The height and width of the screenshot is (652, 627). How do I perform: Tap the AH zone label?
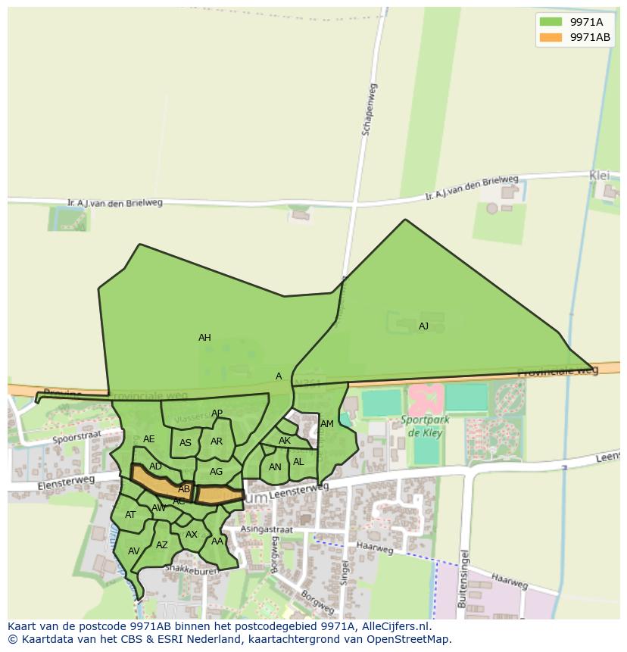(x=204, y=338)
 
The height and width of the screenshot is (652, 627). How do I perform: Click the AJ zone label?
(x=423, y=326)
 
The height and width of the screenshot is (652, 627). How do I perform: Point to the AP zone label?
(x=217, y=413)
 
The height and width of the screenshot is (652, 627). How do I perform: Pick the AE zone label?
(x=149, y=439)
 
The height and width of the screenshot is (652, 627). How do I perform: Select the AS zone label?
(x=186, y=444)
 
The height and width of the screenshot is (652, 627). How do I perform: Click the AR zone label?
(x=217, y=441)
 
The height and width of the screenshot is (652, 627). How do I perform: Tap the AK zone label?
(x=285, y=441)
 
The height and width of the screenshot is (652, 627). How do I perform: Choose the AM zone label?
(x=327, y=424)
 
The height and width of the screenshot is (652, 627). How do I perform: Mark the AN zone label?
(x=275, y=467)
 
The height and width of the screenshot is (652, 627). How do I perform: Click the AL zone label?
(x=298, y=462)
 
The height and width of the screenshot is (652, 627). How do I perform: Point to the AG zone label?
(x=217, y=472)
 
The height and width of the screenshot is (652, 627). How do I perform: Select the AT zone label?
(x=130, y=515)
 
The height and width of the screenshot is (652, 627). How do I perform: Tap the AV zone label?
(x=134, y=551)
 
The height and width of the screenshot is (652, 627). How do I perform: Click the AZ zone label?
(x=162, y=545)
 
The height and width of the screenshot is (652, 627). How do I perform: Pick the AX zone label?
(x=192, y=535)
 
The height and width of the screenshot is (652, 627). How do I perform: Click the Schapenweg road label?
(x=369, y=110)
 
